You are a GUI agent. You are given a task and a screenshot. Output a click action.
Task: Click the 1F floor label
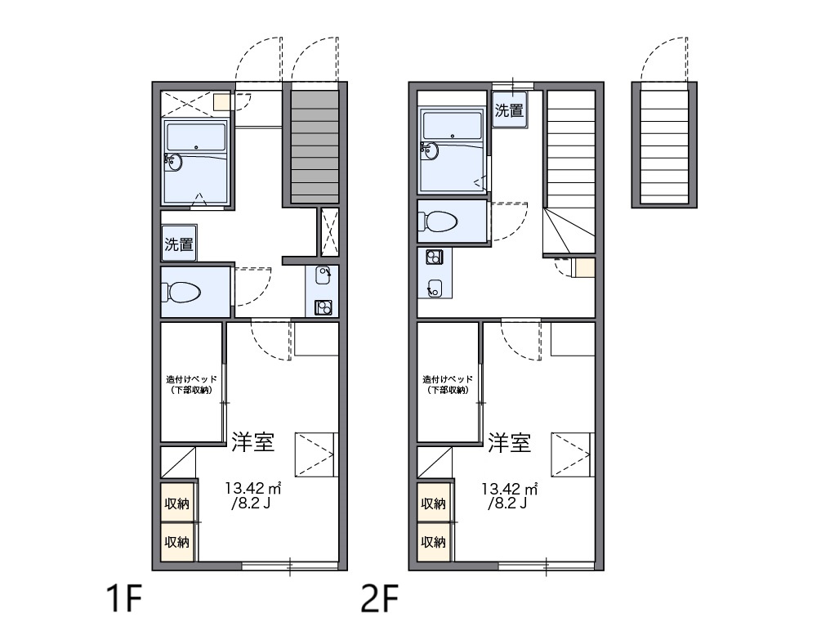click(x=124, y=598)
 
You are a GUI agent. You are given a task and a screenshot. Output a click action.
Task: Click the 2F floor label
click(x=380, y=598)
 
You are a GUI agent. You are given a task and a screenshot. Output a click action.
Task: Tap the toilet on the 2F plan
click(x=438, y=222)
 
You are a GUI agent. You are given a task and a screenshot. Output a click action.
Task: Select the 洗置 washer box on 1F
click(x=179, y=244)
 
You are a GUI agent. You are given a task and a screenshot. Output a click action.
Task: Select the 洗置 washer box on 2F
click(x=510, y=110)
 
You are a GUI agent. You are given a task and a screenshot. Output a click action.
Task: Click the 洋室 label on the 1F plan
click(x=253, y=442)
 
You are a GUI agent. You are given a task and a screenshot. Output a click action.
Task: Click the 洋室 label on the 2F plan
click(x=509, y=442)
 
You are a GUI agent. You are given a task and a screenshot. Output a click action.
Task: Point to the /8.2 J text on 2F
click(x=507, y=503)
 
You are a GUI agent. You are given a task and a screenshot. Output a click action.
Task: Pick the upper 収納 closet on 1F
click(x=176, y=503)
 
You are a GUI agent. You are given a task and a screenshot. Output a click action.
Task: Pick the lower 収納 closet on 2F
click(x=434, y=542)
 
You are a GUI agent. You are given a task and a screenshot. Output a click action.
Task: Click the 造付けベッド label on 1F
click(x=192, y=379)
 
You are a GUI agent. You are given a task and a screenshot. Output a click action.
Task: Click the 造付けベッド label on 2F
click(x=448, y=379)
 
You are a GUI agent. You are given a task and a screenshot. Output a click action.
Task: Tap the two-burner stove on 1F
click(x=324, y=307)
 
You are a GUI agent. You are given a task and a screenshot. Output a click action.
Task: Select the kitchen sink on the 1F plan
click(x=323, y=275)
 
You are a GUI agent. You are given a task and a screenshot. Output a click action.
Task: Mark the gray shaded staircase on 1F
click(x=315, y=147)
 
